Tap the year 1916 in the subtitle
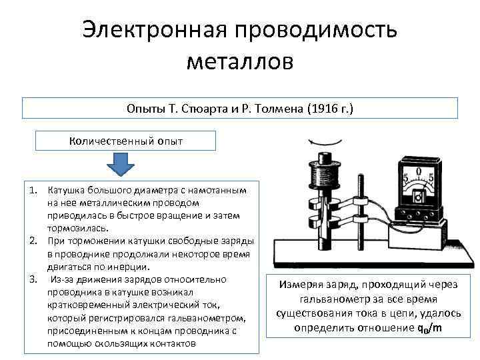(326, 108)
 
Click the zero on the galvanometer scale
(418, 171)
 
